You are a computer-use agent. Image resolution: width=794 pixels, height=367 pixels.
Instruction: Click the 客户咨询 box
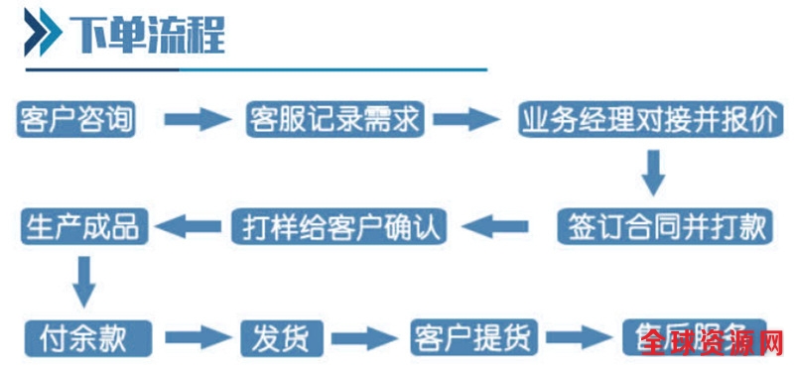(x=75, y=121)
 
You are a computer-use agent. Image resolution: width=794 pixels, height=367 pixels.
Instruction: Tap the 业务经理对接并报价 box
(x=649, y=121)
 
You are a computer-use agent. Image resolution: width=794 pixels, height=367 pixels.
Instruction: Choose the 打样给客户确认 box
(x=339, y=227)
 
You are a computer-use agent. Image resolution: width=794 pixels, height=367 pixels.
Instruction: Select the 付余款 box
(x=85, y=337)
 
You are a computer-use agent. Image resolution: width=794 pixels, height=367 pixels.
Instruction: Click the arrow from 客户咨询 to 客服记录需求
(x=197, y=121)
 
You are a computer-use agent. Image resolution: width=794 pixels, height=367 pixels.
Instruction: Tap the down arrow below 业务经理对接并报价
(x=652, y=173)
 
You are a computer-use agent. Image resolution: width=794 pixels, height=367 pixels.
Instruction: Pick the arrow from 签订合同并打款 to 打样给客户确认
(x=502, y=227)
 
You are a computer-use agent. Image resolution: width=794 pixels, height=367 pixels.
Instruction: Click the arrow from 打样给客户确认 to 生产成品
(x=191, y=227)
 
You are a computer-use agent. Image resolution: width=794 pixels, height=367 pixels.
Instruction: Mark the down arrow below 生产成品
(x=84, y=281)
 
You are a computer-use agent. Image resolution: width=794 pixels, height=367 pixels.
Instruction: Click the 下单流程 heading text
(x=147, y=37)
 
